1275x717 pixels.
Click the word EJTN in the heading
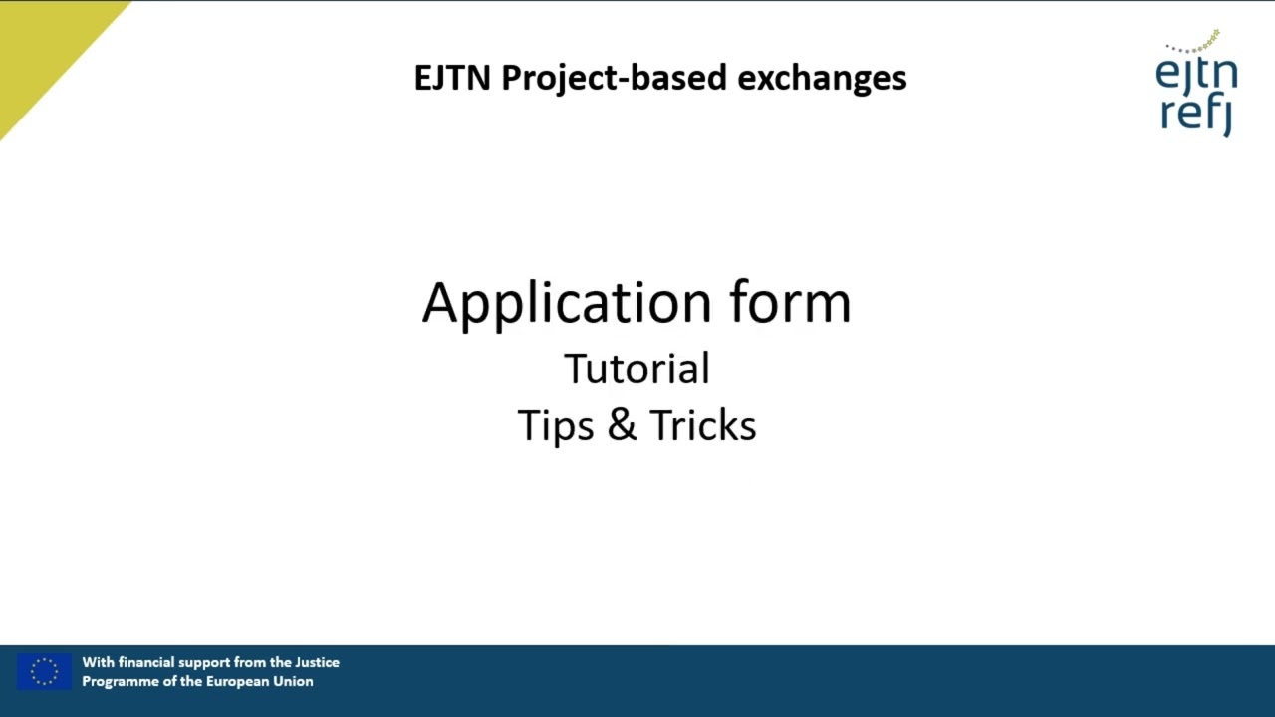(x=452, y=78)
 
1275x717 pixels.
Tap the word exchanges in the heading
(x=822, y=78)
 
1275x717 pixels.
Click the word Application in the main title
(x=567, y=303)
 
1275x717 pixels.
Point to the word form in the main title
(x=791, y=303)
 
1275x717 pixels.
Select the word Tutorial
(x=637, y=368)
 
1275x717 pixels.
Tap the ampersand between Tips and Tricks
(x=622, y=425)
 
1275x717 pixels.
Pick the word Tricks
(x=703, y=425)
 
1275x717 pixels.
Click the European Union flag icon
(x=44, y=672)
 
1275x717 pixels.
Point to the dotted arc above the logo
(x=1194, y=44)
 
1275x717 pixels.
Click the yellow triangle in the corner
(x=40, y=40)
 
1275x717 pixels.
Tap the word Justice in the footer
(x=317, y=662)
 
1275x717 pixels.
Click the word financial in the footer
(x=146, y=662)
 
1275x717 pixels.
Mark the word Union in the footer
(x=295, y=681)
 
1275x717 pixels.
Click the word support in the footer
(x=206, y=662)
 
